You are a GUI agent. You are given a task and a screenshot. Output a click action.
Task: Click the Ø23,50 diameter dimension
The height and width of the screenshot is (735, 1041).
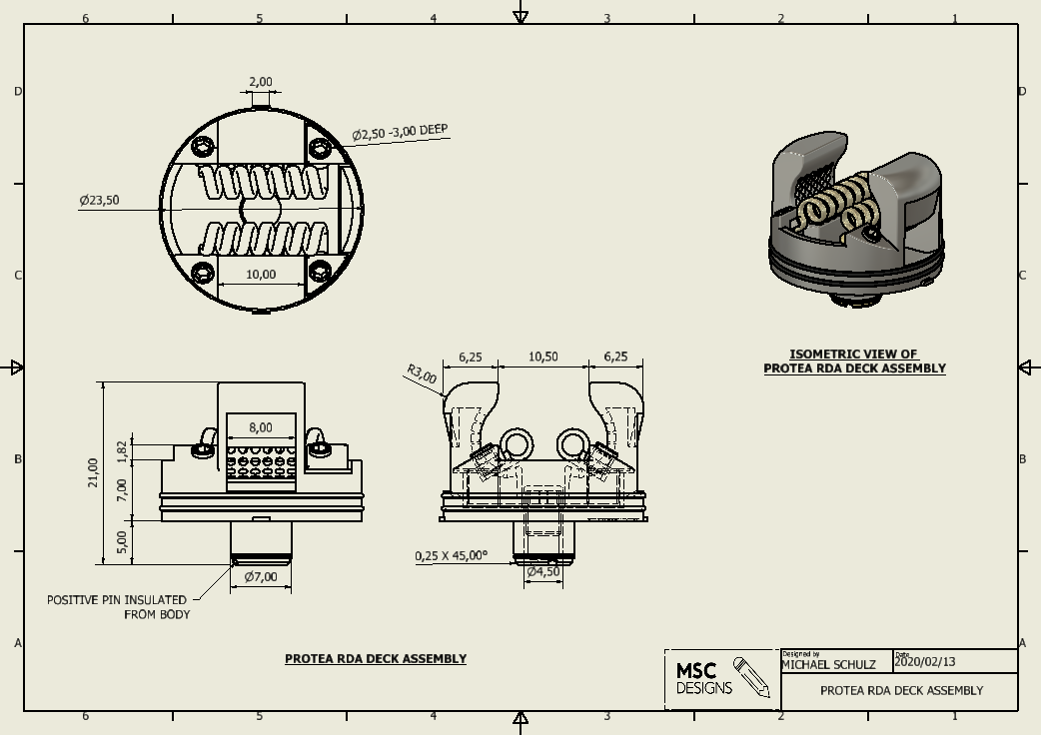(99, 200)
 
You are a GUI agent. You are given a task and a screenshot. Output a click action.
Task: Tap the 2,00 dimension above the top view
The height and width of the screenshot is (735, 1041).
(260, 82)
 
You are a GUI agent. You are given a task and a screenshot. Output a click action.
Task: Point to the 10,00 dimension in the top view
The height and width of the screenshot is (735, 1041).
(260, 274)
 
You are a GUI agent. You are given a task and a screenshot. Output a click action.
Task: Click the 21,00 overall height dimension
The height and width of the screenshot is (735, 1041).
(94, 472)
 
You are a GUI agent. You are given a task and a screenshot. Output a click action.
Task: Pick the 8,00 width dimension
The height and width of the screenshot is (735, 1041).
(260, 427)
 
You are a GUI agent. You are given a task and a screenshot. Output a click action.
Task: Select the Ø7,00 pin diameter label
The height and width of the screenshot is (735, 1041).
(260, 576)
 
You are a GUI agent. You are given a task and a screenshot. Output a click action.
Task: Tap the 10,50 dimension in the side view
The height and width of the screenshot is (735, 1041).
(542, 357)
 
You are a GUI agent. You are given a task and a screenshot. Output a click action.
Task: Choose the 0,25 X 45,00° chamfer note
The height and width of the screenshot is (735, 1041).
(452, 555)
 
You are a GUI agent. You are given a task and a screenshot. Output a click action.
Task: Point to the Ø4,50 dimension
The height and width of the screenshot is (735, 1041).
(542, 571)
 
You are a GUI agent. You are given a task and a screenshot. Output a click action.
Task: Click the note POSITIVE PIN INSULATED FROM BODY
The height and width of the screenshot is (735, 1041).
(117, 607)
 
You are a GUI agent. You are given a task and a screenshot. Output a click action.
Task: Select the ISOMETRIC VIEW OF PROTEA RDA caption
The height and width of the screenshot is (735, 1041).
(854, 362)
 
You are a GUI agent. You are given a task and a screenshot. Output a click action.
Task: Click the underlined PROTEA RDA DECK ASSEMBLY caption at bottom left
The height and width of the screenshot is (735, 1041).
(376, 658)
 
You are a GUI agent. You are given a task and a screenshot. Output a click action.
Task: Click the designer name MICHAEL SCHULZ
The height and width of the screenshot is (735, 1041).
(828, 664)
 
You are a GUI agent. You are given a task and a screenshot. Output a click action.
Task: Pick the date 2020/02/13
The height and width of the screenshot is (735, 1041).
(925, 661)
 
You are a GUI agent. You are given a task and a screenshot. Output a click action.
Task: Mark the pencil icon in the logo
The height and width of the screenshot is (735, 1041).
(751, 676)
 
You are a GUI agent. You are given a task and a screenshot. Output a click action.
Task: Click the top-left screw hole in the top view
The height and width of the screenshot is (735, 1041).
(205, 148)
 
